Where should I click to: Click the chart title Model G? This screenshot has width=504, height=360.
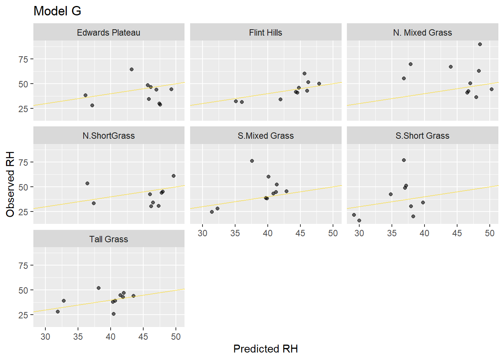(x=57, y=11)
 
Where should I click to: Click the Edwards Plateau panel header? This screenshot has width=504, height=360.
(x=108, y=33)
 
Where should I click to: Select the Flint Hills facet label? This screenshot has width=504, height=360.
(x=265, y=33)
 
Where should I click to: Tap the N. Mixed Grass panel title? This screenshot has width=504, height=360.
(x=422, y=33)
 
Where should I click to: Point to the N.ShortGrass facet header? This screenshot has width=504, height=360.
(x=108, y=136)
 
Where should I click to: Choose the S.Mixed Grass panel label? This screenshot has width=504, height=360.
(x=265, y=136)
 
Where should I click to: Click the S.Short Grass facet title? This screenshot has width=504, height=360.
(x=422, y=136)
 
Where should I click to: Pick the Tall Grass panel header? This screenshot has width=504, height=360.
(x=108, y=239)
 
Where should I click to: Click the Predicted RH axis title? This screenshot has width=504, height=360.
(x=265, y=349)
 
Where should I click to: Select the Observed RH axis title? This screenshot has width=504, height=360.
(x=10, y=184)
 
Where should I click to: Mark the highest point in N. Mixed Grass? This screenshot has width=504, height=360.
(x=480, y=44)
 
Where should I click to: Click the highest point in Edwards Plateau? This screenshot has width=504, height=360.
(x=132, y=69)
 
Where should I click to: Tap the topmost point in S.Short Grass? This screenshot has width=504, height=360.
(x=404, y=160)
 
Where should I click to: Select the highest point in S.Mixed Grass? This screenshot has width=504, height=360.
(x=252, y=161)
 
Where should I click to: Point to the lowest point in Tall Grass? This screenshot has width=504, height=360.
(x=114, y=314)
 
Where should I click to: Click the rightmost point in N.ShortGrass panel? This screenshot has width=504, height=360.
(x=174, y=176)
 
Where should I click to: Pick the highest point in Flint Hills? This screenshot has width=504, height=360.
(x=304, y=73)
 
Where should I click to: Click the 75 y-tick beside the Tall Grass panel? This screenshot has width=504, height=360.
(x=23, y=265)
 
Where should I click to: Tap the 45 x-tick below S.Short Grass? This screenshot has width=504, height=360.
(x=457, y=233)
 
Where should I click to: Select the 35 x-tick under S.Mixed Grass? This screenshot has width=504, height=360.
(x=235, y=233)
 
